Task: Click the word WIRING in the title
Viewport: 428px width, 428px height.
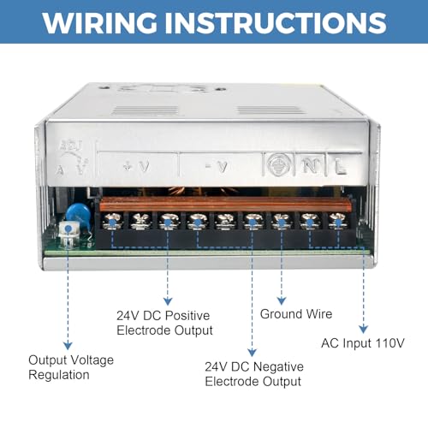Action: pyautogui.click(x=99, y=22)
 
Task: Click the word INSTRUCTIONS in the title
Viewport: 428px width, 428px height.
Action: pyautogui.click(x=276, y=22)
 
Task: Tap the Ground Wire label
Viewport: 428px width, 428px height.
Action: pyautogui.click(x=296, y=314)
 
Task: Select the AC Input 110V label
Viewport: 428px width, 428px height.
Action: pyautogui.click(x=363, y=343)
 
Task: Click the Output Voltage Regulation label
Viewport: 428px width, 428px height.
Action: pyautogui.click(x=71, y=367)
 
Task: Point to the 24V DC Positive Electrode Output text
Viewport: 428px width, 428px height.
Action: pyautogui.click(x=164, y=323)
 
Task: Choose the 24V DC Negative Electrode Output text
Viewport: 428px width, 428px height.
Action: pyautogui.click(x=254, y=374)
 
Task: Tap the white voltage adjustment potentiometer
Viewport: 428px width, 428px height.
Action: pyautogui.click(x=68, y=233)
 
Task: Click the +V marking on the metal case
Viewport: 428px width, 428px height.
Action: pyautogui.click(x=137, y=166)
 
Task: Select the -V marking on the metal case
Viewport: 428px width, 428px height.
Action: pyautogui.click(x=217, y=167)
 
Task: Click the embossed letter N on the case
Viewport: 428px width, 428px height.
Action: pyautogui.click(x=311, y=165)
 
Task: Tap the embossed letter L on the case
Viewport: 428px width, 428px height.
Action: pyautogui.click(x=341, y=166)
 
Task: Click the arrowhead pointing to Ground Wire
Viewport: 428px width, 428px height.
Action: pyautogui.click(x=282, y=300)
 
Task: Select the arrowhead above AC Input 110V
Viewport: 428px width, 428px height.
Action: pyautogui.click(x=363, y=329)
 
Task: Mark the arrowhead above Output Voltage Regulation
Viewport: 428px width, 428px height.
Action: pyautogui.click(x=68, y=346)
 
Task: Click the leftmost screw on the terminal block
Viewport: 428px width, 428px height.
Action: pyautogui.click(x=112, y=222)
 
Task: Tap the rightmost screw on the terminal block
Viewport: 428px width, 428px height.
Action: pyautogui.click(x=338, y=222)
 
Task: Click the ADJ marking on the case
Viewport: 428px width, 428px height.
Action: pyautogui.click(x=70, y=145)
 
